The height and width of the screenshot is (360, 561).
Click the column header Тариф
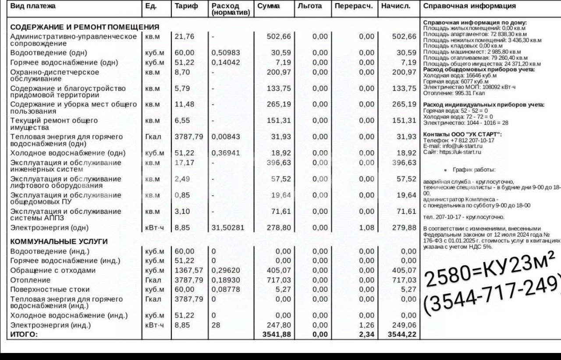186,6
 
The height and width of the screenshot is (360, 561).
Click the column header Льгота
309,6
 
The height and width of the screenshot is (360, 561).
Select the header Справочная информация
469,6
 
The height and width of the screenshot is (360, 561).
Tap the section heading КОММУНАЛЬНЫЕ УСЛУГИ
59,241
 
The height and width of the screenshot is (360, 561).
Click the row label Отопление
30,280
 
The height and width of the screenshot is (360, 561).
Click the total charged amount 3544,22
401,335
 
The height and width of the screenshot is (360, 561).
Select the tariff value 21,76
184,36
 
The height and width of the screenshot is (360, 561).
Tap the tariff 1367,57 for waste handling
189,270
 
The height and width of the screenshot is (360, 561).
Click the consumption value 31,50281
227,228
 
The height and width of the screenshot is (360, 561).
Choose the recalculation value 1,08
366,228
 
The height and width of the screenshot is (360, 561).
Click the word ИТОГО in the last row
24,335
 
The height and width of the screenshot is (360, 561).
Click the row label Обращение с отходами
53,270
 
